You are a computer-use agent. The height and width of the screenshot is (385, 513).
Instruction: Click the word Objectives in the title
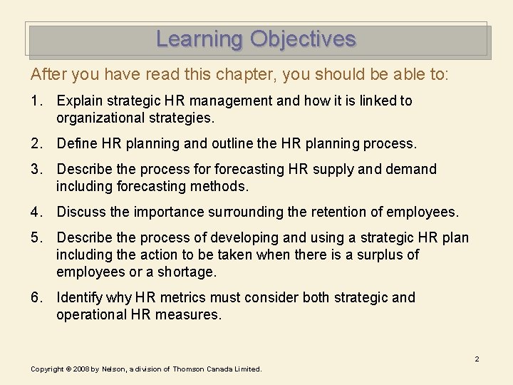(303, 38)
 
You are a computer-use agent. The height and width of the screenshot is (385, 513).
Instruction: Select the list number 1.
(36, 101)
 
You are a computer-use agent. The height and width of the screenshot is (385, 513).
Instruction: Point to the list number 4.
(36, 212)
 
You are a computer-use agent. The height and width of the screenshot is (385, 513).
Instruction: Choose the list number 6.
(36, 297)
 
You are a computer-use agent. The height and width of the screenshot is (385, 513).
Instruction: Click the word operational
(92, 314)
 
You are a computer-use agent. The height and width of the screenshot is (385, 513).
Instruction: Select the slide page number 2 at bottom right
(477, 359)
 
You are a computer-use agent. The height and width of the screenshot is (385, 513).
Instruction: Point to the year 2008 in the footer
(80, 369)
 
